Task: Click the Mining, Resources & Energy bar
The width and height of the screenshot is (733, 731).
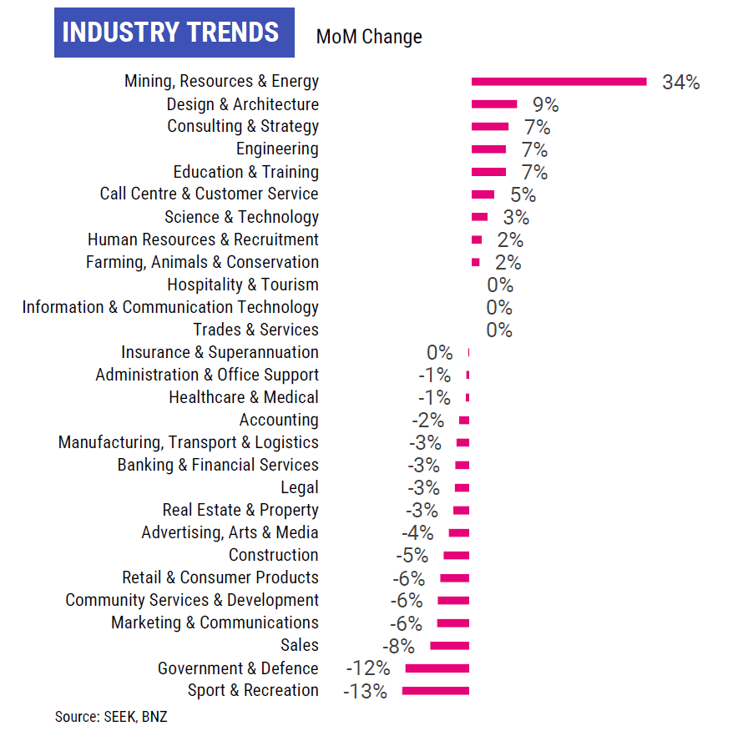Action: coord(559,82)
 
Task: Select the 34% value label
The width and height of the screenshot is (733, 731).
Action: coord(680,83)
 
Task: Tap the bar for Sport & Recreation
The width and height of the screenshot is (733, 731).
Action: coord(435,691)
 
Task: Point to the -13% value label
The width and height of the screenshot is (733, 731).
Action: coord(365,692)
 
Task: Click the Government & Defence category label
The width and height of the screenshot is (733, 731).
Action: coord(238,668)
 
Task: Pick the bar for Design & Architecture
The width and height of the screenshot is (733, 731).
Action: coord(494,104)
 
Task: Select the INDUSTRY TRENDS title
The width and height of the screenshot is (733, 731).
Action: coord(171,33)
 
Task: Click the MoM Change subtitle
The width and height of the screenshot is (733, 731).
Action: coord(369,37)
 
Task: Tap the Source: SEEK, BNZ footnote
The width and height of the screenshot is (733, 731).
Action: coord(111,716)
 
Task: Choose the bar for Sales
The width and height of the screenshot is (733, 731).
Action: coord(449,646)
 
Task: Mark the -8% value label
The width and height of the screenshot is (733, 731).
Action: coord(397,646)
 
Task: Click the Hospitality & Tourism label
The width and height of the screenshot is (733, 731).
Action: coord(243,285)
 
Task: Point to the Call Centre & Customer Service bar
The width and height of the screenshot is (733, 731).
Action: coord(483,194)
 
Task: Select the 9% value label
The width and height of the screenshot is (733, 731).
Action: coord(545,105)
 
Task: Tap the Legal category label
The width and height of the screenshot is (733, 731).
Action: coord(300,487)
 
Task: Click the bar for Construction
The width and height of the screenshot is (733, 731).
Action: coord(456,556)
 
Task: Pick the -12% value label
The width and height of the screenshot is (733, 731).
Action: coord(367,668)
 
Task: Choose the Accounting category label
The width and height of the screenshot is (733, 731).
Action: coord(279,420)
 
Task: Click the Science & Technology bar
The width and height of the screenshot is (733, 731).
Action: coord(479,217)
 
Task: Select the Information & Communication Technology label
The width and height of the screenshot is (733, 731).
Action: coord(170,307)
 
